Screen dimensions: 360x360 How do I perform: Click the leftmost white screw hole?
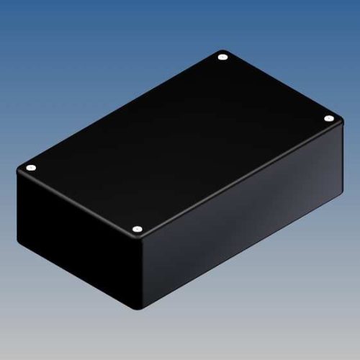coord(30,168)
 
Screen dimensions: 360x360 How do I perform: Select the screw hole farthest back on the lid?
coord(222,55)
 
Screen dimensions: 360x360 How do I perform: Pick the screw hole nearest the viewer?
coord(137,230)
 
